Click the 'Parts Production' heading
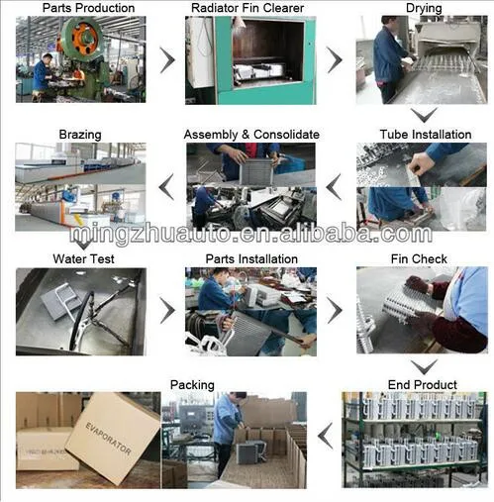click(88, 8)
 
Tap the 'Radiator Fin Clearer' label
click(247, 8)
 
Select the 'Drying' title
click(424, 8)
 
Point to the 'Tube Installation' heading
click(426, 135)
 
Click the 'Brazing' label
click(80, 135)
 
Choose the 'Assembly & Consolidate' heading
click(251, 135)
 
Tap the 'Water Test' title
click(83, 258)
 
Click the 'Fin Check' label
click(419, 259)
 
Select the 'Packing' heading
click(192, 385)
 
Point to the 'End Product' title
click(423, 385)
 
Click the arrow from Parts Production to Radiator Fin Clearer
click(167, 60)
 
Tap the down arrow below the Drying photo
click(424, 115)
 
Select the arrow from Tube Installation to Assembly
click(334, 187)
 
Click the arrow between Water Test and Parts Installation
click(167, 310)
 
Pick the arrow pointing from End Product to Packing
click(326, 436)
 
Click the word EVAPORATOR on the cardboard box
click(108, 438)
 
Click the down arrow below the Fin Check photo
click(424, 367)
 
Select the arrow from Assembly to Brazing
click(166, 187)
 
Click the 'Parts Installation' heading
click(251, 259)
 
